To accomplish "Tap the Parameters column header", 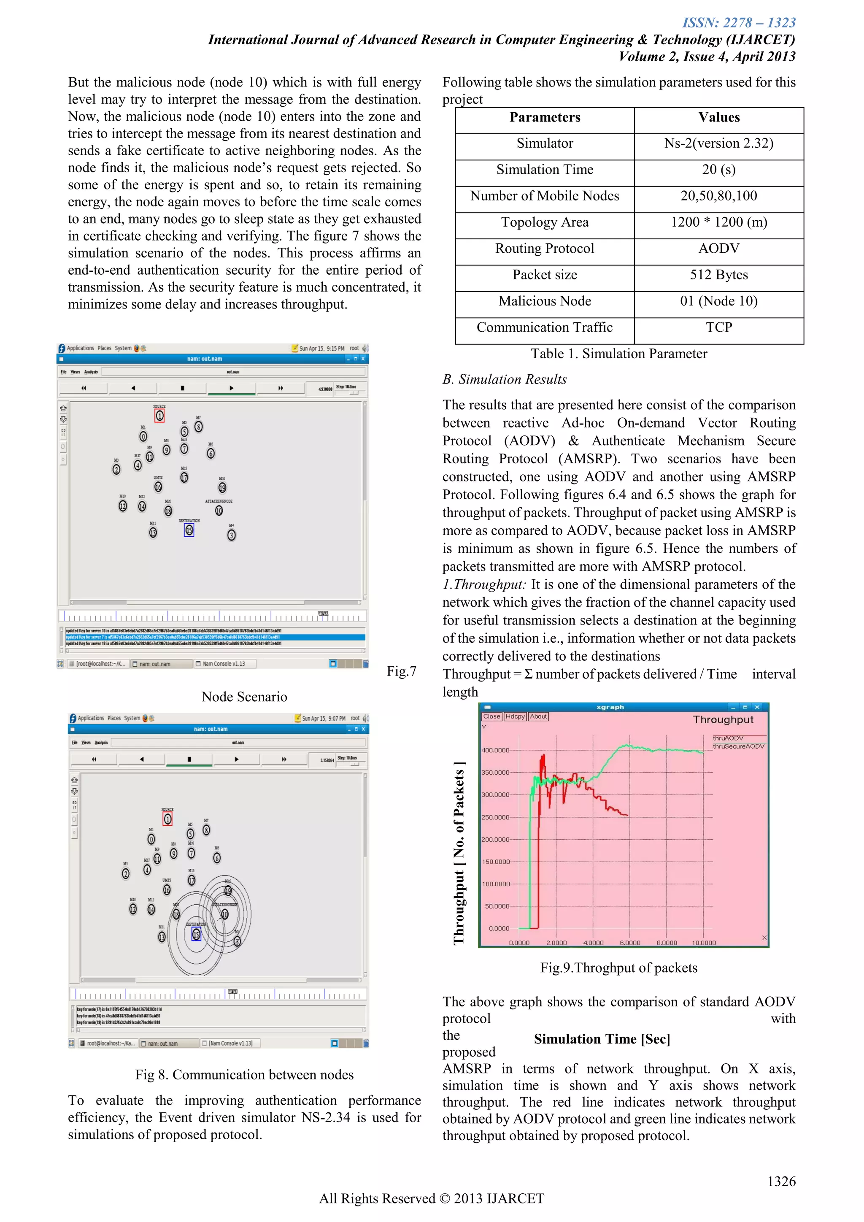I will pyautogui.click(x=544, y=118).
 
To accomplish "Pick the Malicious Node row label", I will pyautogui.click(x=544, y=301).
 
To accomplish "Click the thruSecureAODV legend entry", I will pyautogui.click(x=738, y=746).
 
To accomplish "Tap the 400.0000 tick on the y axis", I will pyautogui.click(x=495, y=750).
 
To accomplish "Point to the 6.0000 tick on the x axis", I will pyautogui.click(x=629, y=943).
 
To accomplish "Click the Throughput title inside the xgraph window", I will pyautogui.click(x=723, y=719).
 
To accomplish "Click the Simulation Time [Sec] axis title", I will pyautogui.click(x=602, y=1039).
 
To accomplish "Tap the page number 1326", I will pyautogui.click(x=781, y=1181).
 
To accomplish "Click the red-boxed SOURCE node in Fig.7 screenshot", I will pyautogui.click(x=159, y=416).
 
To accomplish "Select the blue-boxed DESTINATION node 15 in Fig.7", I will pyautogui.click(x=189, y=530).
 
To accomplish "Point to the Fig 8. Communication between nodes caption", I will pyautogui.click(x=244, y=1075).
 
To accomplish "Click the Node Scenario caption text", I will pyautogui.click(x=244, y=697).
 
